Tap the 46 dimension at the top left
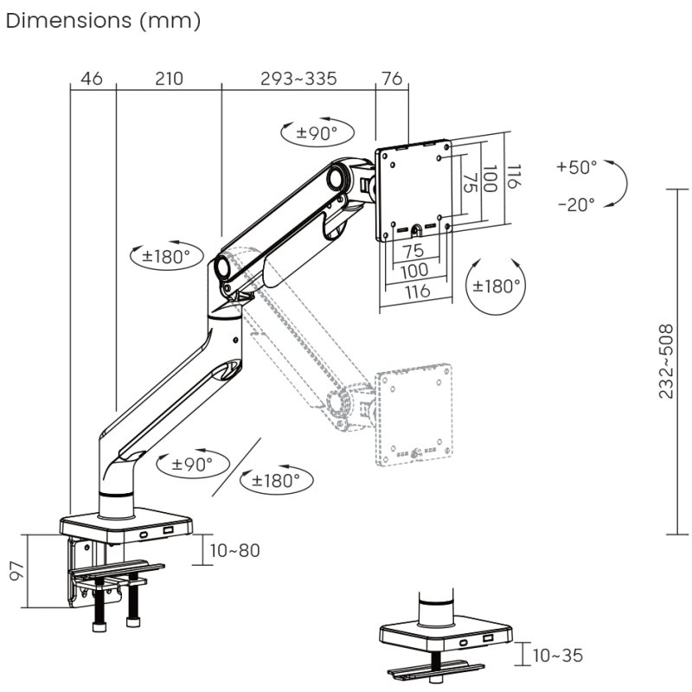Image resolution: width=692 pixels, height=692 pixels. (92, 79)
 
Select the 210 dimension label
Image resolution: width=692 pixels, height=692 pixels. (169, 79)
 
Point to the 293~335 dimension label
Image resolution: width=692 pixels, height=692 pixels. (298, 79)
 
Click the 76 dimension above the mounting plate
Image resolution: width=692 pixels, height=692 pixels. (392, 79)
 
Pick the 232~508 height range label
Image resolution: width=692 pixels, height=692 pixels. (666, 362)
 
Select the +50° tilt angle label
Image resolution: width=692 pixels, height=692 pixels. (576, 167)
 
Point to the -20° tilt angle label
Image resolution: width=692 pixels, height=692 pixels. (576, 205)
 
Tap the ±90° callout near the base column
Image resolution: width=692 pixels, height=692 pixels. (191, 464)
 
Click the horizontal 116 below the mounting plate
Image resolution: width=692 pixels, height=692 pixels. (416, 292)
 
